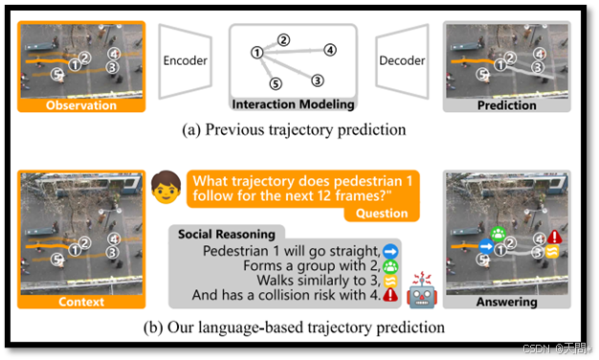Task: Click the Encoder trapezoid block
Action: (185, 59)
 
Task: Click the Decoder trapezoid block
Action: (402, 59)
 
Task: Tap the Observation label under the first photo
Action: (81, 105)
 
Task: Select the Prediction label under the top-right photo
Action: (507, 105)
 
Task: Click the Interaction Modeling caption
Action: (293, 104)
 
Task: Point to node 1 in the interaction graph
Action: (256, 52)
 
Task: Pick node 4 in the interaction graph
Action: (329, 49)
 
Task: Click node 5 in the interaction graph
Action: (275, 84)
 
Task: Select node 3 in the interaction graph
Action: (318, 80)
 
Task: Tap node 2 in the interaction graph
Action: (283, 39)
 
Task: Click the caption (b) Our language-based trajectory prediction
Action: (294, 327)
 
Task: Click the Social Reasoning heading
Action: (226, 234)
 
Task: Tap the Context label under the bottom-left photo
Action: (81, 303)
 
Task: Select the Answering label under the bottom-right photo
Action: (507, 303)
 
